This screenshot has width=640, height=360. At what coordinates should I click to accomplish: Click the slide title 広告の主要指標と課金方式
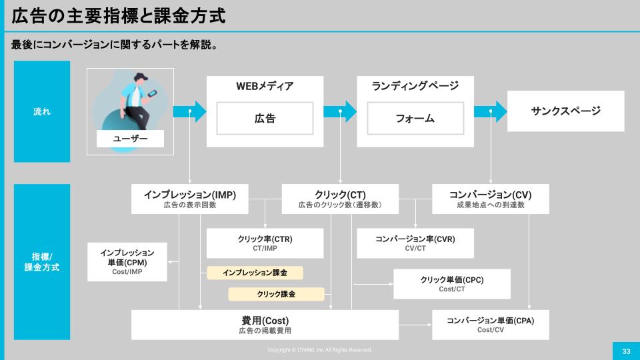118,16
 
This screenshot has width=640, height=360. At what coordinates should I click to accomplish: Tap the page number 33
626,351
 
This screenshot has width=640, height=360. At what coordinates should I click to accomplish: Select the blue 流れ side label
42,111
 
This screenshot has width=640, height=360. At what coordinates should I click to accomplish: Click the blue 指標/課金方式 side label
42,261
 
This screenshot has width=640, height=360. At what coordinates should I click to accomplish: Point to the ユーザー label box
131,138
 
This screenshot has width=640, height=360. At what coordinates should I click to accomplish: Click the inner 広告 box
265,119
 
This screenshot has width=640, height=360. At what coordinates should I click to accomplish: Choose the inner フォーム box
415,119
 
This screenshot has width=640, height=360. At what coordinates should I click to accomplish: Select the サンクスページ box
565,111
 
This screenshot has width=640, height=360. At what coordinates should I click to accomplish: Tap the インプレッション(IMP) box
190,199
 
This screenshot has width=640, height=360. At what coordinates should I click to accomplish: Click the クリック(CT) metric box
340,199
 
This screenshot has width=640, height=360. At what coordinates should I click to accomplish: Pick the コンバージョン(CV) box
491,199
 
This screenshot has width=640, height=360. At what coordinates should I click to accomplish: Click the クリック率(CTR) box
265,243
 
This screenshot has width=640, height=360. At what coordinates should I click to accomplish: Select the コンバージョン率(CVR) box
415,243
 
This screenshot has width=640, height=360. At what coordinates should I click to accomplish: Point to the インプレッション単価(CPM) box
127,262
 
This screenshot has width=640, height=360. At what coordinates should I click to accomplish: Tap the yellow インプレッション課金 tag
255,273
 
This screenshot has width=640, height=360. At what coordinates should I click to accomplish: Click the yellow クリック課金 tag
276,294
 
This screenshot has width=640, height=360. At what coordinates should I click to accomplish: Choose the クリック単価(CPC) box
452,284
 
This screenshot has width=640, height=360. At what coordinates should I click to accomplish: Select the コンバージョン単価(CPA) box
491,325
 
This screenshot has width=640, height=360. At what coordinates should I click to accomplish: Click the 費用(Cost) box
265,325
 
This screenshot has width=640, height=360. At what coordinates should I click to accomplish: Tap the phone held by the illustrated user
152,94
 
